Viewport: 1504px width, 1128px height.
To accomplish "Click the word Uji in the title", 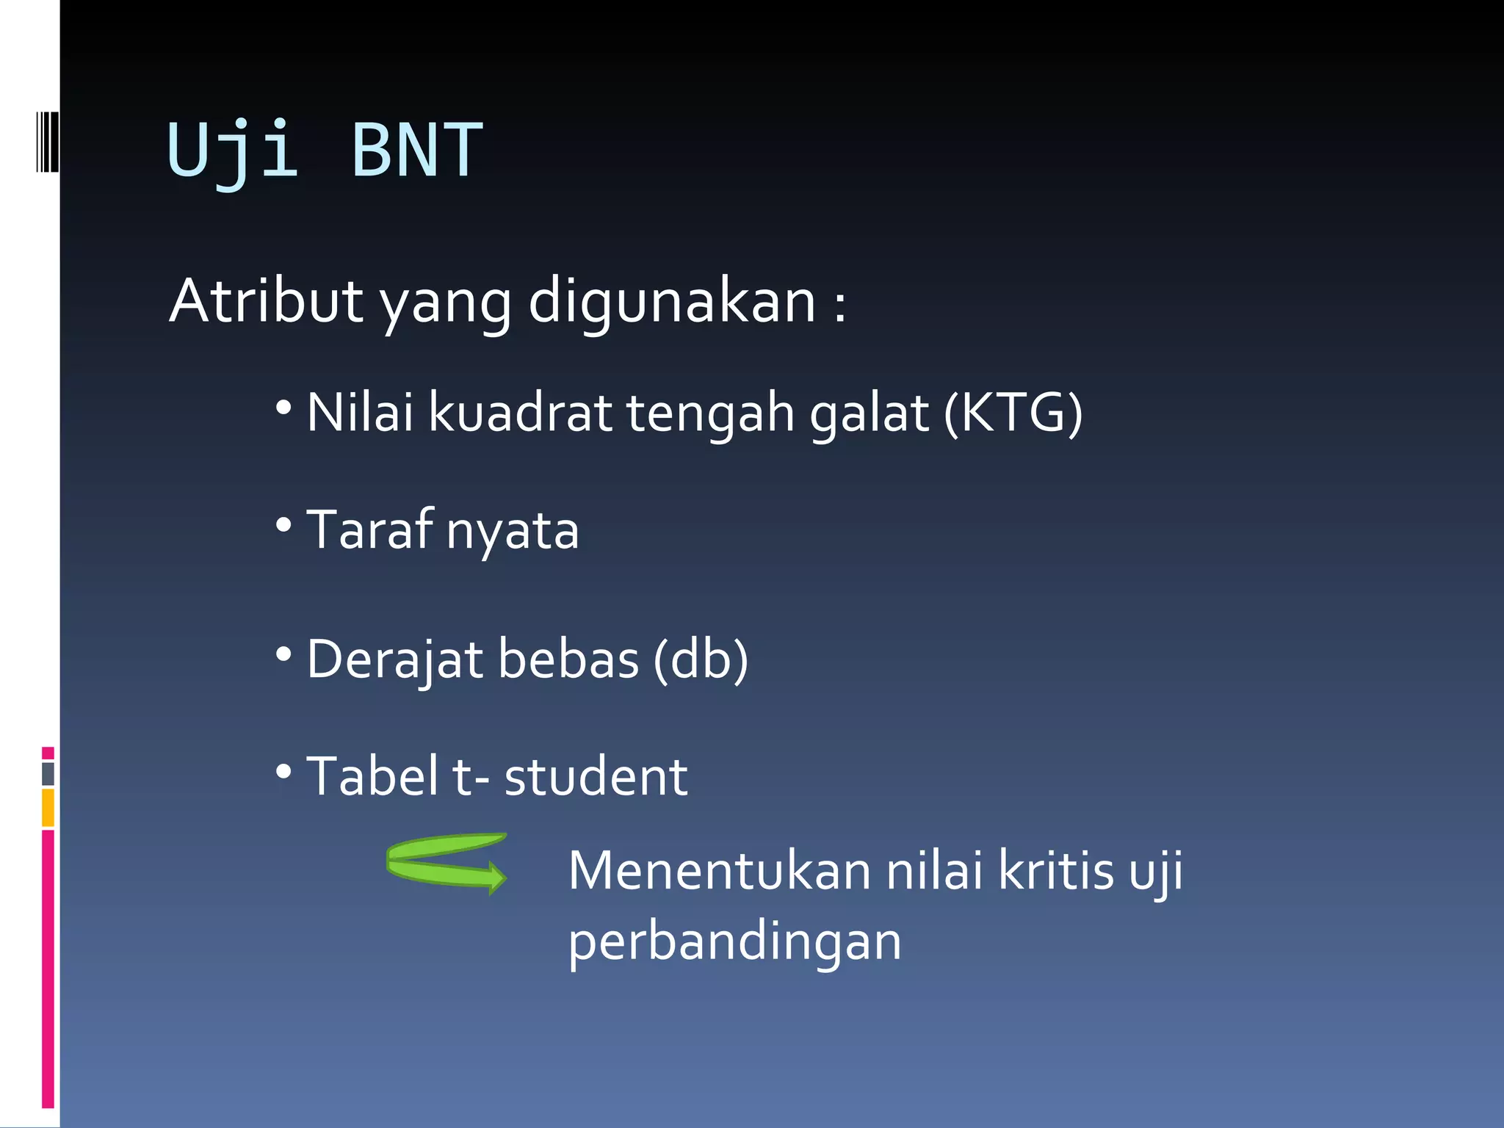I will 233,151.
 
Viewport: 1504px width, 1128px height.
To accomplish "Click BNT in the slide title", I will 417,151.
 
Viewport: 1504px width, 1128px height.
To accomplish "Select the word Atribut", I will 266,301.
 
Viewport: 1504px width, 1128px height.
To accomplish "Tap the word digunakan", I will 671,303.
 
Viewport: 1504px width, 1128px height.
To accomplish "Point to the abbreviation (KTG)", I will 1013,413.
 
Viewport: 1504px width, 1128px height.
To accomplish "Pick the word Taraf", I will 370,529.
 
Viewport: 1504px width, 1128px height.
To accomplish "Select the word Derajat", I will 394,659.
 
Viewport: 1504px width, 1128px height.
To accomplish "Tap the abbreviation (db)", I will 701,659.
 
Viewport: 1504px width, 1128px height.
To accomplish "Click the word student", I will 596,777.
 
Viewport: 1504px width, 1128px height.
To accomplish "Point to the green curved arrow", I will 446,862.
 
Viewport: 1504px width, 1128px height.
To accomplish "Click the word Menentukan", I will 720,871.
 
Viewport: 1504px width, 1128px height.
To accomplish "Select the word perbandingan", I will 734,943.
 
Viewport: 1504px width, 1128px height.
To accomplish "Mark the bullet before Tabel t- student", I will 284,772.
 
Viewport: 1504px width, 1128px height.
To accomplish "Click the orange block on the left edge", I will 48,807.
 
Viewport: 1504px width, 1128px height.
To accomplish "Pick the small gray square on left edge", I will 48,773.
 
